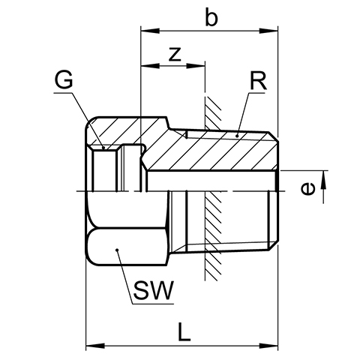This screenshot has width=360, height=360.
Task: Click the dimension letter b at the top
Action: pos(211,17)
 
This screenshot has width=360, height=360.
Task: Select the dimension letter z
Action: pos(175,54)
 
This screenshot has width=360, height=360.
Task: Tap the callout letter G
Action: pos(64,79)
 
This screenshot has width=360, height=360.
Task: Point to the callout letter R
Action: pos(258,81)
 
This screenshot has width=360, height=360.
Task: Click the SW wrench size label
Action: pos(153,291)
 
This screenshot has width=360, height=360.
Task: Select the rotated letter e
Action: pos(307,189)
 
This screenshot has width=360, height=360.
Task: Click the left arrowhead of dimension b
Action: pos(150,31)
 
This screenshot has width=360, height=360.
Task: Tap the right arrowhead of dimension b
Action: pos(268,31)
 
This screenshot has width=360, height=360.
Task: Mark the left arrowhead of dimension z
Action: pos(150,66)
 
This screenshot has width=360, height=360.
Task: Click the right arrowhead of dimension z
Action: pos(196,66)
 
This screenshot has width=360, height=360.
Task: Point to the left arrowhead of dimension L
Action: pos(95,346)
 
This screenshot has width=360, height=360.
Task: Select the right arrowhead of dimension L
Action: pos(268,346)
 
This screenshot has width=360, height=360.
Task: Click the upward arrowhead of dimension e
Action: pos(324,180)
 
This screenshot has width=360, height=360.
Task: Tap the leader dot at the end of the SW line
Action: pos(117,250)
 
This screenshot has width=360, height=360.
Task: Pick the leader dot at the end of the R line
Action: pos(237,136)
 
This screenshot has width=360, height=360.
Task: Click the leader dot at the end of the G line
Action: pos(103,148)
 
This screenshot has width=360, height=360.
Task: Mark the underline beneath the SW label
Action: pos(153,304)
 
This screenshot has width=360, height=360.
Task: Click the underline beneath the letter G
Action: pos(63,93)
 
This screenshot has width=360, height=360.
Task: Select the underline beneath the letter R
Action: pos(256,93)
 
